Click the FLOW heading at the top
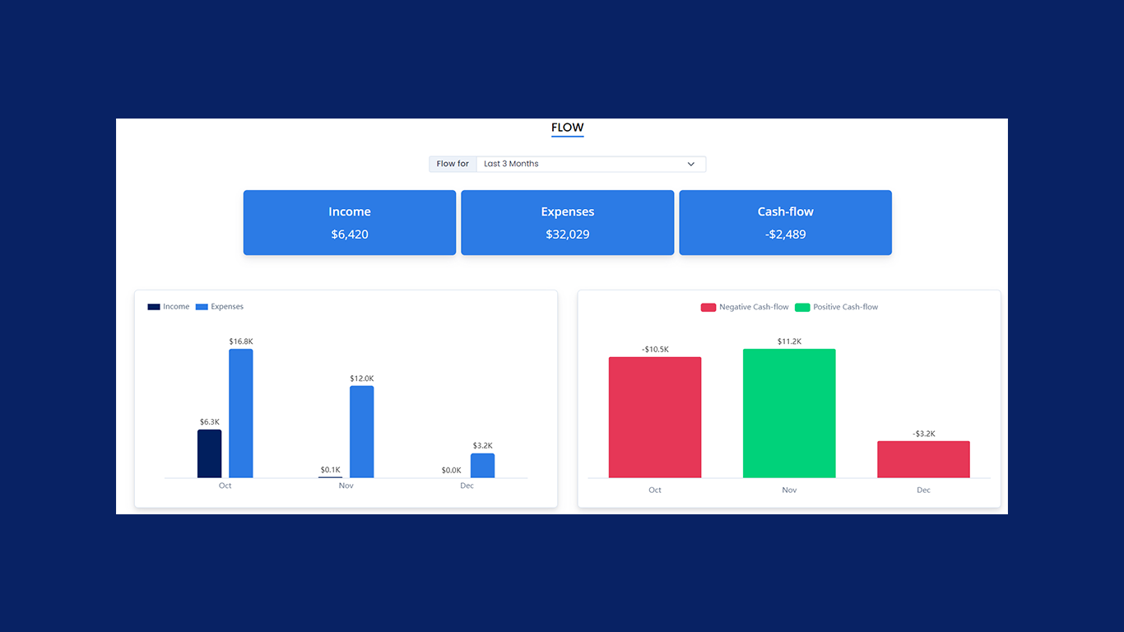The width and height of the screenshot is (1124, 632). pyautogui.click(x=567, y=128)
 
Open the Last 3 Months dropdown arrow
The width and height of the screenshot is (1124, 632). pyautogui.click(x=691, y=164)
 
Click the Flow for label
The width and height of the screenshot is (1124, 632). pyautogui.click(x=453, y=164)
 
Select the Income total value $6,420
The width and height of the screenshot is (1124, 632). pyautogui.click(x=350, y=235)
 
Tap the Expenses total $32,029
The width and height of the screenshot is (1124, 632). pyautogui.click(x=568, y=235)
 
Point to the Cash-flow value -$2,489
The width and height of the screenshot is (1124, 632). pyautogui.click(x=786, y=235)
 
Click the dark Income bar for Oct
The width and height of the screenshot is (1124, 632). pyautogui.click(x=210, y=453)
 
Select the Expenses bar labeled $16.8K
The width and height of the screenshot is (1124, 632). pyautogui.click(x=241, y=413)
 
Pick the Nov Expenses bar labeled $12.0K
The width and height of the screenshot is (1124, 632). pyautogui.click(x=362, y=431)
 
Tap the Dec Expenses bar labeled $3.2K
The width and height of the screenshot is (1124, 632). pyautogui.click(x=483, y=465)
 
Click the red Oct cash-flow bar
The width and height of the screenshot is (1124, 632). pyautogui.click(x=655, y=417)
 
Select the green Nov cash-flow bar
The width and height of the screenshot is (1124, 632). pyautogui.click(x=789, y=413)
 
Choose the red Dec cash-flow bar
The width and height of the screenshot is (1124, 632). pyautogui.click(x=923, y=459)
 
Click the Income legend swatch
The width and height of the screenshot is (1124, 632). pyautogui.click(x=154, y=307)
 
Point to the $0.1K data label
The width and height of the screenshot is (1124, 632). pyautogui.click(x=330, y=470)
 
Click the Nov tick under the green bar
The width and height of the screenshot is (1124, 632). pyautogui.click(x=789, y=490)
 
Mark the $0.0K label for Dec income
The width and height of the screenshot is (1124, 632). pyautogui.click(x=451, y=470)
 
